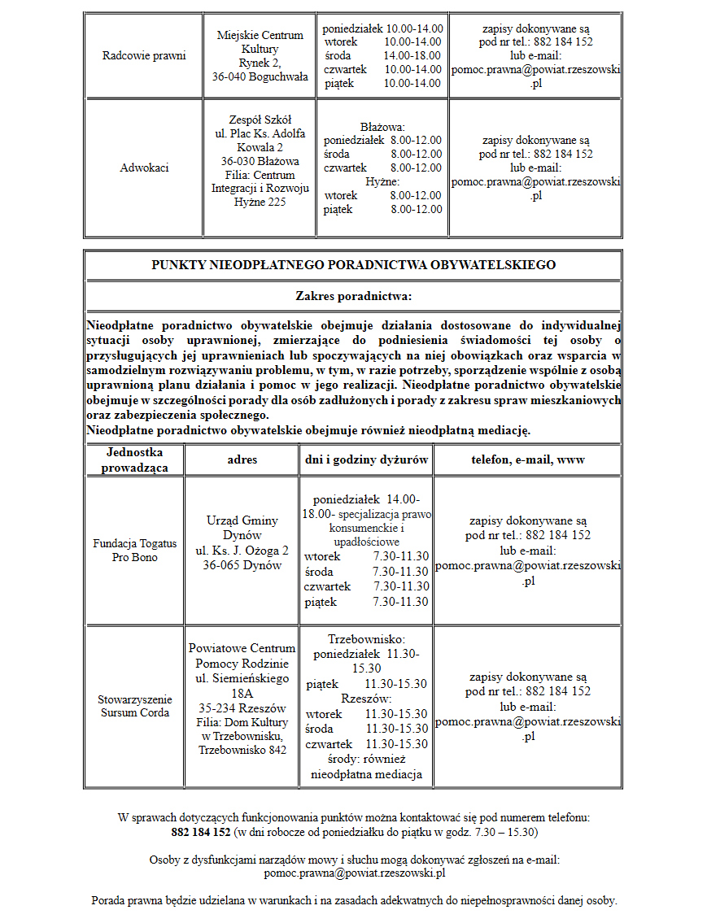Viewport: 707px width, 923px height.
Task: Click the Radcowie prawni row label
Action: click(144, 56)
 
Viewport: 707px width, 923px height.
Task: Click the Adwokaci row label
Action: click(144, 168)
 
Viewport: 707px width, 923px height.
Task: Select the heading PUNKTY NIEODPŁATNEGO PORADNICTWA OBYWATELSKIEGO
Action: click(353, 265)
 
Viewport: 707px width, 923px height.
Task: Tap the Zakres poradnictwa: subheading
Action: click(353, 296)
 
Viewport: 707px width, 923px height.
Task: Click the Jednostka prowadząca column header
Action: click(135, 460)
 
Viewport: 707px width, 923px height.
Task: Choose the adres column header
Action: click(242, 460)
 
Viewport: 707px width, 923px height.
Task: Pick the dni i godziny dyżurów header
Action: click(366, 460)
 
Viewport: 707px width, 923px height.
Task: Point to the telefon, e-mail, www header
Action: click(527, 460)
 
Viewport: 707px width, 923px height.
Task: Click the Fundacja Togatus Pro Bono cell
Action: click(135, 551)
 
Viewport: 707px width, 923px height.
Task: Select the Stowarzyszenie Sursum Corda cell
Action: click(135, 706)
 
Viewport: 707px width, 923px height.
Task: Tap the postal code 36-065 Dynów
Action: click(242, 564)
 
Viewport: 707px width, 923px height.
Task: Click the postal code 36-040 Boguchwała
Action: click(260, 76)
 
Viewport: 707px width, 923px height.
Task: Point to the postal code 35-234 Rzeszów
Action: click(242, 707)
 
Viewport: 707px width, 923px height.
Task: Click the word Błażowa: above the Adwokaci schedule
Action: click(382, 128)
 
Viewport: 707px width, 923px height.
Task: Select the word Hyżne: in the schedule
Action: click(382, 182)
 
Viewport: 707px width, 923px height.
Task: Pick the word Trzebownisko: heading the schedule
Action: click(366, 640)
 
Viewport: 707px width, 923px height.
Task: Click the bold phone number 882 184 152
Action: click(201, 833)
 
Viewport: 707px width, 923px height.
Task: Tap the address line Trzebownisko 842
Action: click(242, 750)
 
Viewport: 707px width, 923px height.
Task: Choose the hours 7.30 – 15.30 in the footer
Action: click(500, 833)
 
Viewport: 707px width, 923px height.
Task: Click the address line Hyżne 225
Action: click(260, 202)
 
